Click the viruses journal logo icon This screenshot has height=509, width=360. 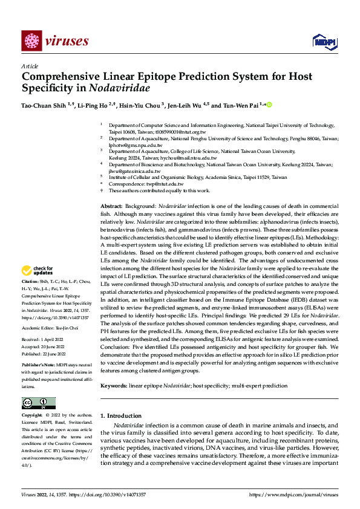pos(31,41)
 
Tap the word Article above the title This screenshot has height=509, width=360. pos(30,66)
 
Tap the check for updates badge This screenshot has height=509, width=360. pos(37,271)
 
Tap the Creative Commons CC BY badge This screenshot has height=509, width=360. pos(38,403)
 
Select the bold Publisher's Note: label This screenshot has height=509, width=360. pos(38,366)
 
